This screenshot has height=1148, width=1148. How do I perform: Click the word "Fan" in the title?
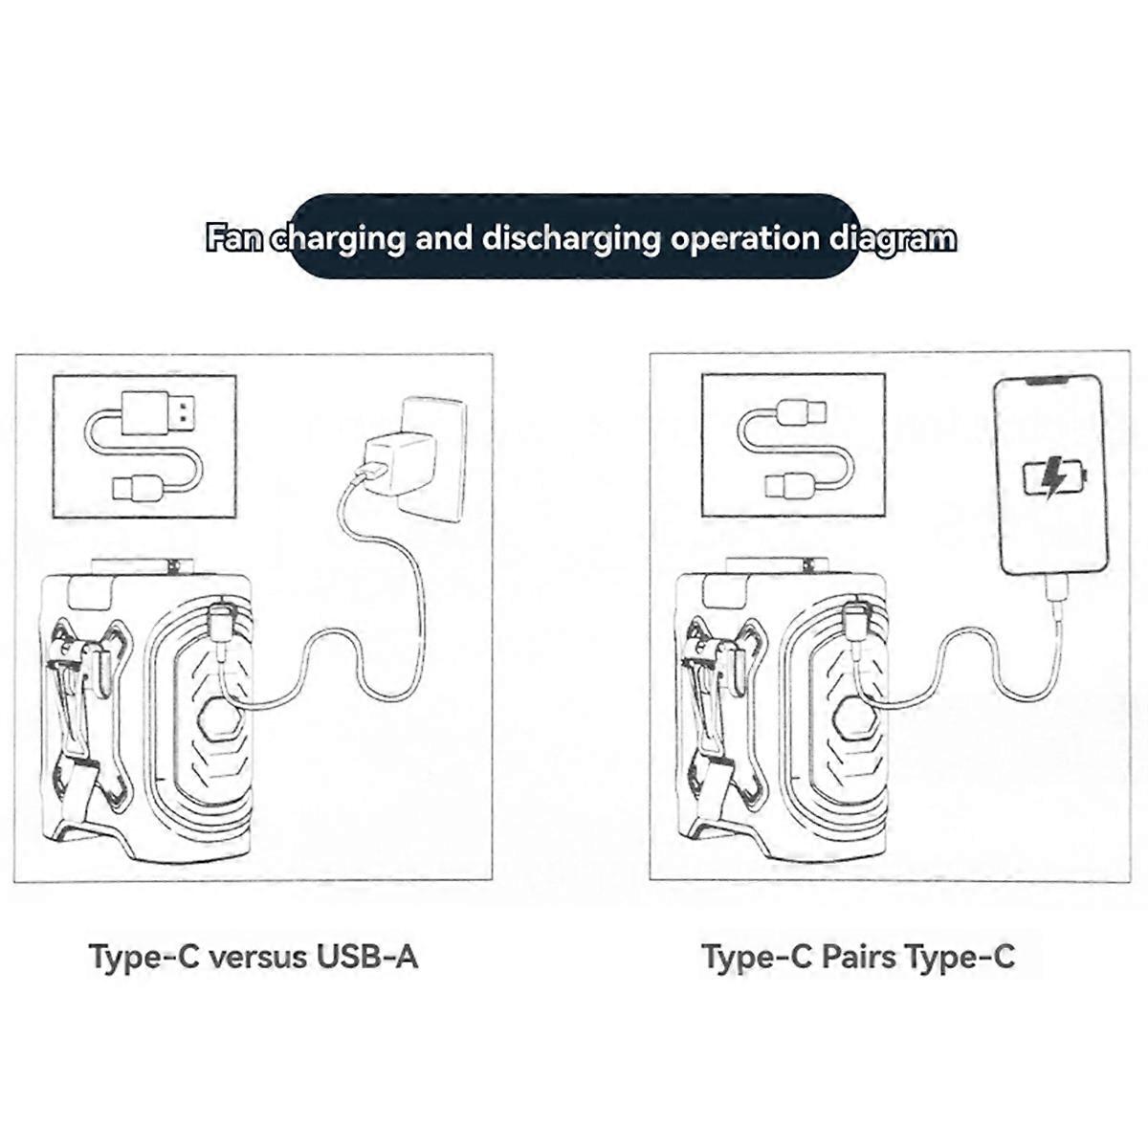point(233,238)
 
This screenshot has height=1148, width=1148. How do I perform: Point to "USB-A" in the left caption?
point(366,956)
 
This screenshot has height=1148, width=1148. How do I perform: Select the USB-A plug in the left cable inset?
point(159,413)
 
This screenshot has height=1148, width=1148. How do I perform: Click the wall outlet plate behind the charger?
point(433,459)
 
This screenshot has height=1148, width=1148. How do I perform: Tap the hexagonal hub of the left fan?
point(219,717)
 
